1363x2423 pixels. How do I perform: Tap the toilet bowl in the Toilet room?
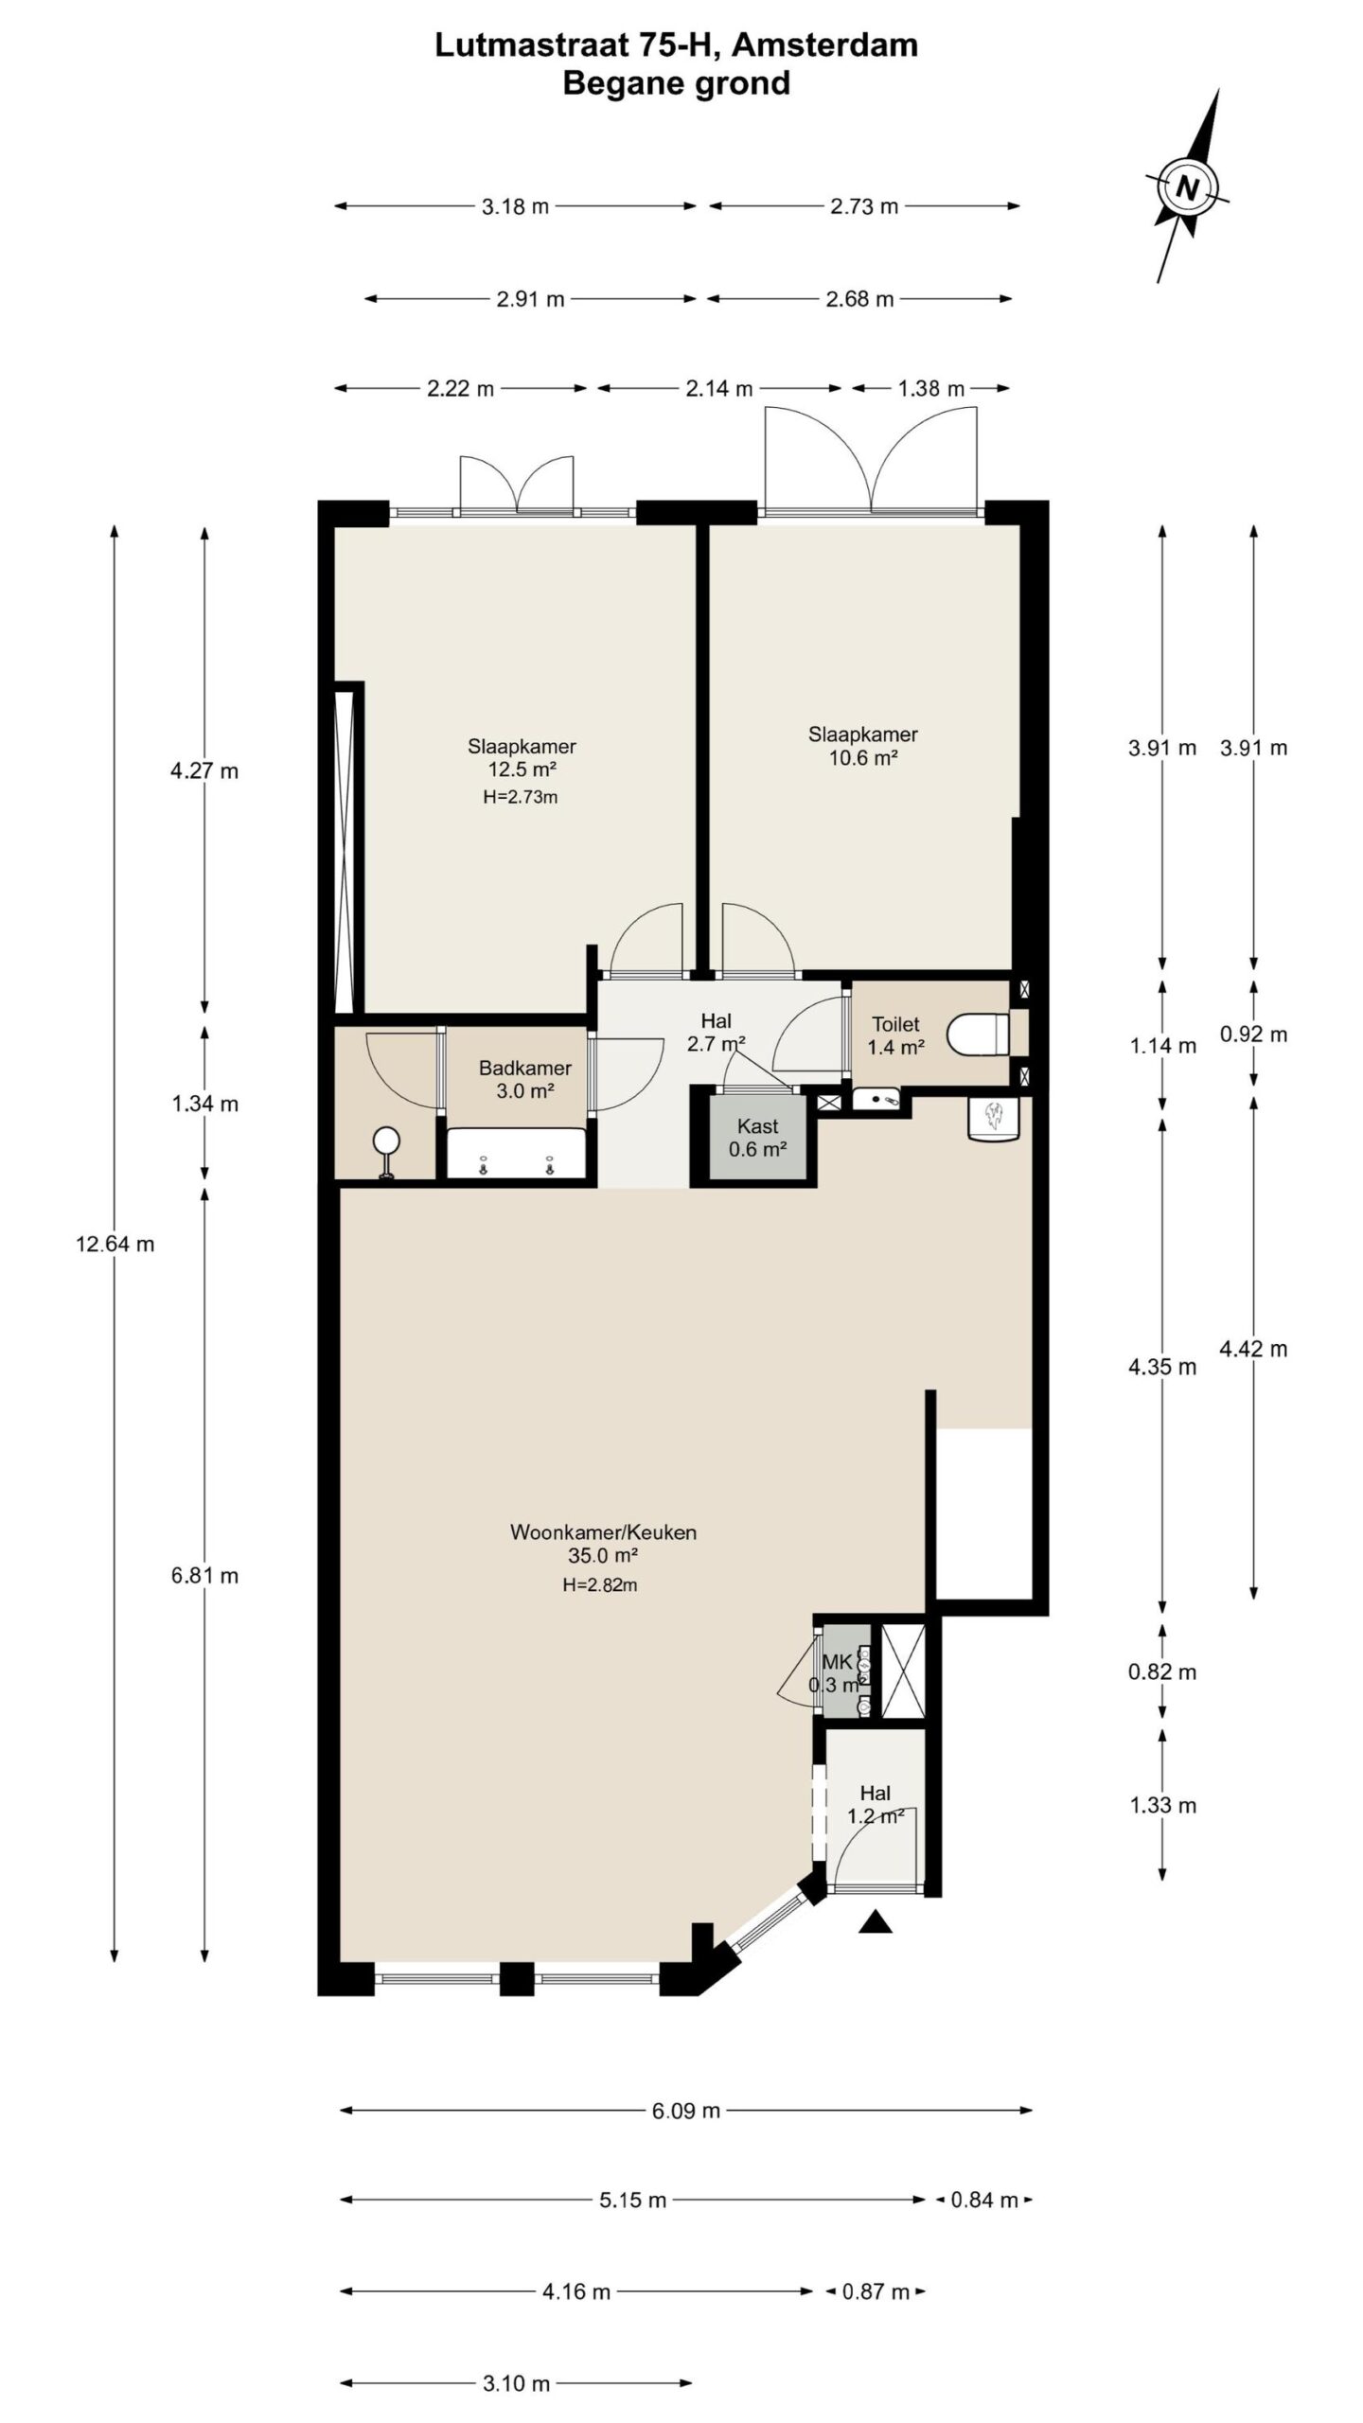[981, 1034]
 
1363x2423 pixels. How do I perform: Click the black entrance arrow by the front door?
[876, 1920]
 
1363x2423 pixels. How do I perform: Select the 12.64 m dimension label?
[115, 1244]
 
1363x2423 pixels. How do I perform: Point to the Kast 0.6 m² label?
[757, 1138]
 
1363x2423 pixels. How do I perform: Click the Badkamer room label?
[524, 1068]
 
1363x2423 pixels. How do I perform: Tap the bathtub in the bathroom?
[516, 1153]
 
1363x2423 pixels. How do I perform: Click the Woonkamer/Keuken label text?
[603, 1531]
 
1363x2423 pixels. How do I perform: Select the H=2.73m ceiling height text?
[520, 797]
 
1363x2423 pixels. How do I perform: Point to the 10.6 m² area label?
[863, 757]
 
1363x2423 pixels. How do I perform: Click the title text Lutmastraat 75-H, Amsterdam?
[676, 44]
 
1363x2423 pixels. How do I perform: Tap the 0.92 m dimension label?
[1253, 1035]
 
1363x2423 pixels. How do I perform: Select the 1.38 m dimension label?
[930, 388]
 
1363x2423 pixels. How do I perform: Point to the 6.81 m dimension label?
[204, 1576]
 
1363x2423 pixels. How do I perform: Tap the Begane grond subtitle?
[676, 83]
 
